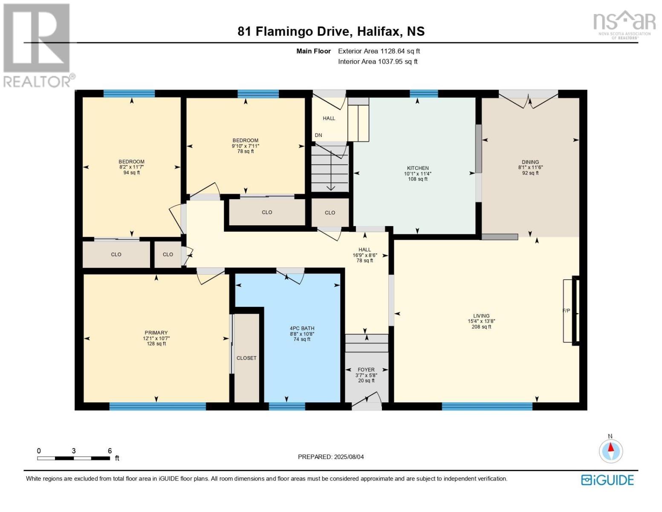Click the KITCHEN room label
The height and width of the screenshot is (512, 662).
coord(417,168)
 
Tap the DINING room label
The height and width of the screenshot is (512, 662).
coord(530,162)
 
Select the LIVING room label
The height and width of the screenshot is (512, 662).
coord(481,316)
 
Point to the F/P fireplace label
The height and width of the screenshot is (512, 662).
coord(566,311)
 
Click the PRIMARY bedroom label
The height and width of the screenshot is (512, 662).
coord(156,333)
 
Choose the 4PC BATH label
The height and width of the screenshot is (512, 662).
coord(302,329)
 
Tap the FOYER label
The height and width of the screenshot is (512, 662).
coord(366,370)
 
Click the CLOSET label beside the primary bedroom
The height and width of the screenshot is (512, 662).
coord(246,358)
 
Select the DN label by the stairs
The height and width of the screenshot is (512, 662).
coord(318,135)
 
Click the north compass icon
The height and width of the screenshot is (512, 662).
coord(610,451)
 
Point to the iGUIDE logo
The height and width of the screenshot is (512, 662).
coord(607,480)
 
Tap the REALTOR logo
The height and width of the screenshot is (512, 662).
coord(38,45)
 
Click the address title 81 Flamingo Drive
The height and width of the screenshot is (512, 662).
coord(331,32)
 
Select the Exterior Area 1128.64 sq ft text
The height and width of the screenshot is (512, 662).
coord(379,51)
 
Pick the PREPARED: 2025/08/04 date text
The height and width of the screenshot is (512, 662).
coord(331,457)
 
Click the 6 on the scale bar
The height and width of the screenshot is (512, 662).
coord(110,451)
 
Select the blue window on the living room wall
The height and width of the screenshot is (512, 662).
coord(487,406)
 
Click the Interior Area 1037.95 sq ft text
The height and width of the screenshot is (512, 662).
coord(378,61)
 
